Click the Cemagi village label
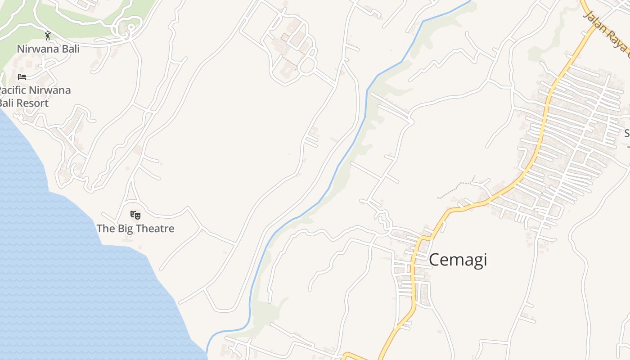[458, 260]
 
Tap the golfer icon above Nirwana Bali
[48, 36]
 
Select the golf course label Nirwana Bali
[48, 49]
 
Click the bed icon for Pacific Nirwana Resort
[22, 76]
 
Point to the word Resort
[31, 103]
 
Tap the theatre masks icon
[135, 215]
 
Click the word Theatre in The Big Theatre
[152, 229]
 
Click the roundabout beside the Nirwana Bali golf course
[131, 28]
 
